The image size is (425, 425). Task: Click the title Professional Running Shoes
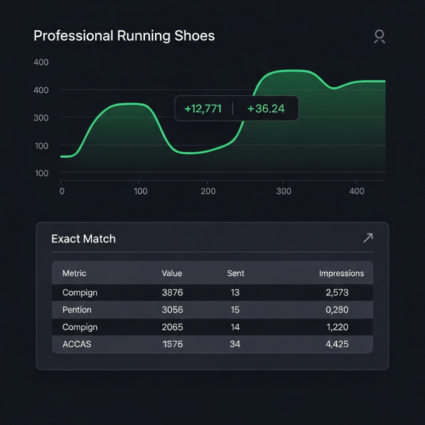point(124,36)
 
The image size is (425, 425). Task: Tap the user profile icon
point(380,37)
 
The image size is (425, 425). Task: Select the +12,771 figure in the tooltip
point(203,109)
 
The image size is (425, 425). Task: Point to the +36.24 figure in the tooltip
point(266,109)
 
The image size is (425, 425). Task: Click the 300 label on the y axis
point(41,118)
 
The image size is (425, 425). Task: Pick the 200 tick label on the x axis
point(208,191)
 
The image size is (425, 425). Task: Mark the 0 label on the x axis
point(62,191)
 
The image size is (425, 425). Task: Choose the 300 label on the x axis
point(284,191)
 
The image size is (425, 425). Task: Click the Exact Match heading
point(84,239)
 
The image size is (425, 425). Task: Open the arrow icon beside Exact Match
point(368,238)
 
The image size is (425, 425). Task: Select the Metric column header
point(74,273)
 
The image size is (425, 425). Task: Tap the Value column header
point(172,273)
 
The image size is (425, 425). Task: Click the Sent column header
point(235,273)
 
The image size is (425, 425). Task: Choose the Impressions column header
point(341,273)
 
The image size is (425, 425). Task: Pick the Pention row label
point(77,310)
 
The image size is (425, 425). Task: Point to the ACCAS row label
point(77,344)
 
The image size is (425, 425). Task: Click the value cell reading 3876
point(172,292)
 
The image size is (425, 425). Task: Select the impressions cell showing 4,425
point(337,344)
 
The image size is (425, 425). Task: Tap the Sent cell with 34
point(235,344)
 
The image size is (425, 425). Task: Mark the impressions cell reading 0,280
point(337,310)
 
